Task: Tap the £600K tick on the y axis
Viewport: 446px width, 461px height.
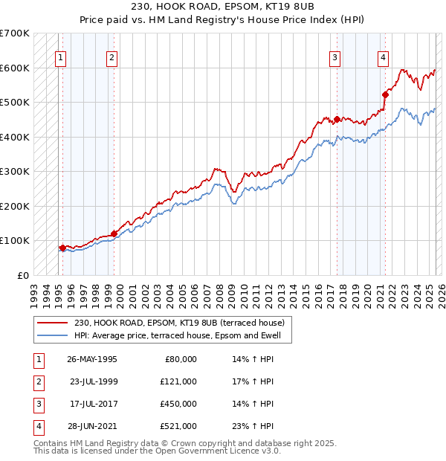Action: click(x=15, y=68)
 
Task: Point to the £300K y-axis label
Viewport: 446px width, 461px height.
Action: click(x=15, y=171)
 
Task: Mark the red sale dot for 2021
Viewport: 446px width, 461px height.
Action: click(x=386, y=94)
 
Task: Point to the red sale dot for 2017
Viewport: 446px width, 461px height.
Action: click(x=337, y=119)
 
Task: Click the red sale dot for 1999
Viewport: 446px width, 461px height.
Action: click(x=114, y=233)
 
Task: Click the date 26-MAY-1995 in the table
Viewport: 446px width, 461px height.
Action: click(x=91, y=359)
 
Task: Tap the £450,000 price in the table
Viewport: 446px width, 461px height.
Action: click(x=178, y=404)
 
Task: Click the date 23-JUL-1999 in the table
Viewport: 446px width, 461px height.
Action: click(x=93, y=381)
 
